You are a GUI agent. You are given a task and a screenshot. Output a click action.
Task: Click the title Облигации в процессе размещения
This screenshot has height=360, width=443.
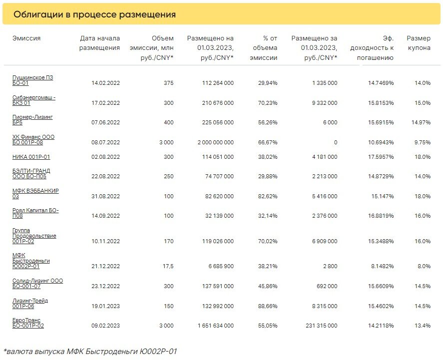pos(94,14)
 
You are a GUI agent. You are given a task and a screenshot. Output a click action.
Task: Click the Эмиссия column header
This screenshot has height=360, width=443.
pos(26,38)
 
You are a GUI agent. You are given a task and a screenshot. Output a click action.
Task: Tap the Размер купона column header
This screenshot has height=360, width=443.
pos(419,43)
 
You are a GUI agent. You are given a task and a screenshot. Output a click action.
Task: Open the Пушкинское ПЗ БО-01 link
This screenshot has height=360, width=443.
pos(32,80)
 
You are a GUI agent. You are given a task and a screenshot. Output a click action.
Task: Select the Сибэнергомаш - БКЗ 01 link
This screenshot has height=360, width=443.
pos(33,100)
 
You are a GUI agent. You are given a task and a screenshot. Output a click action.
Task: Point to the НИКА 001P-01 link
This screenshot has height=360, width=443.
pos(31,157)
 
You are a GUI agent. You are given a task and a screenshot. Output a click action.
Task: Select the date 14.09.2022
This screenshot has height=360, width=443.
pos(106,216)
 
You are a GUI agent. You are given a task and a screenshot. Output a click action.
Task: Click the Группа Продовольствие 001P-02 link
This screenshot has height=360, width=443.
pos(34,236)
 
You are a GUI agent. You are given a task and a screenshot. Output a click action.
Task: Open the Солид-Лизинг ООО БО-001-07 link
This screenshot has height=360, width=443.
pos(37,284)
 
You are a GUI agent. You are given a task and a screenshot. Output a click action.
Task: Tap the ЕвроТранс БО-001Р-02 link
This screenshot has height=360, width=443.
pos(28,323)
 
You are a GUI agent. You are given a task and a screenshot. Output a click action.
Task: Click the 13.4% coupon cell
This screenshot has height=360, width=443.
pos(422,326)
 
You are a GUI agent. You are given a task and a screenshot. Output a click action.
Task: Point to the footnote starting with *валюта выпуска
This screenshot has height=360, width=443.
pos(90,352)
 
